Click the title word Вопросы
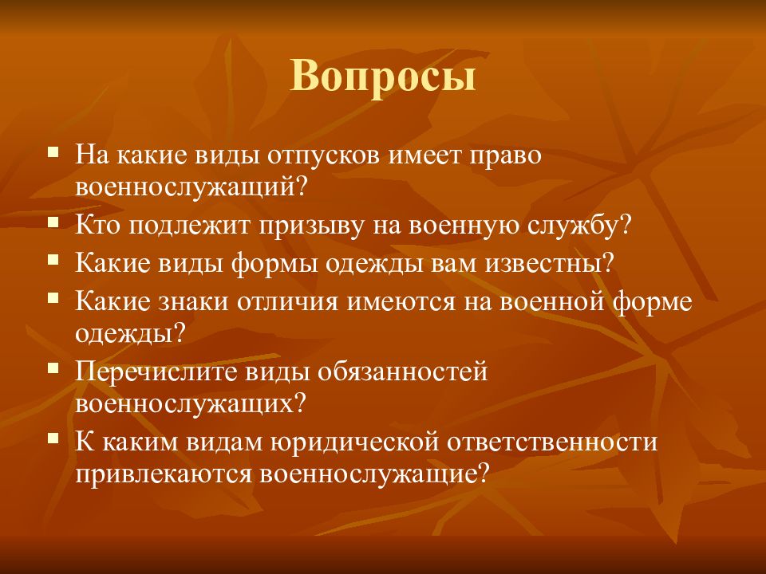(383, 77)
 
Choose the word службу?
(580, 226)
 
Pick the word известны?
(549, 264)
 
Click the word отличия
(288, 301)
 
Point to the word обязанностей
(403, 372)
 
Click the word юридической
(354, 442)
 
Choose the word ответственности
(552, 442)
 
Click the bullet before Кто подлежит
(53, 222)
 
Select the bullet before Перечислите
(53, 367)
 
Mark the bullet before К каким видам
(53, 438)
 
